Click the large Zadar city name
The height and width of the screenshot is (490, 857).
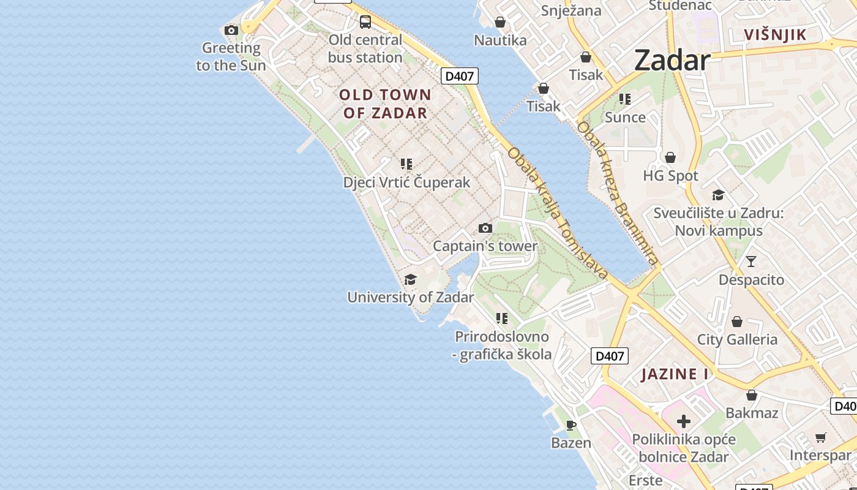(672, 60)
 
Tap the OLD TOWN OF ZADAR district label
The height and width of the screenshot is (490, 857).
(385, 104)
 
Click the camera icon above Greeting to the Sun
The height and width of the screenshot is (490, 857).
(231, 30)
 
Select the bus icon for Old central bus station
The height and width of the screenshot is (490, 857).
(365, 22)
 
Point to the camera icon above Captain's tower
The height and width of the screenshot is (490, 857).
(485, 228)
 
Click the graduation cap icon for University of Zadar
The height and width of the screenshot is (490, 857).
(410, 280)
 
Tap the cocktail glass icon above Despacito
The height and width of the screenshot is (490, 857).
(751, 262)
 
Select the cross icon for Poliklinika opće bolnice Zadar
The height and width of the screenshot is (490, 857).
(684, 421)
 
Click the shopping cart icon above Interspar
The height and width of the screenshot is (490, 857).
(820, 437)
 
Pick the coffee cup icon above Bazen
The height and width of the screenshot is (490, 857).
(571, 425)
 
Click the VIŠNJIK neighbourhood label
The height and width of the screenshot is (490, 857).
(776, 35)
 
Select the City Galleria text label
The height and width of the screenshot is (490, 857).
(737, 339)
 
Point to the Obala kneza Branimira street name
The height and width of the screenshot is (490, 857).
(618, 194)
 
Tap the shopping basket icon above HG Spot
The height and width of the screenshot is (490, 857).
(670, 157)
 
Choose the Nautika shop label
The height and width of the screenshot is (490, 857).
(500, 40)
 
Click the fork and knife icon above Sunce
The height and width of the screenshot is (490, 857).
(625, 99)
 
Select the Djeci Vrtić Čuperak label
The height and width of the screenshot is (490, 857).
(406, 182)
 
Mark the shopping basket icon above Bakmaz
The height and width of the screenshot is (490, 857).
(752, 395)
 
